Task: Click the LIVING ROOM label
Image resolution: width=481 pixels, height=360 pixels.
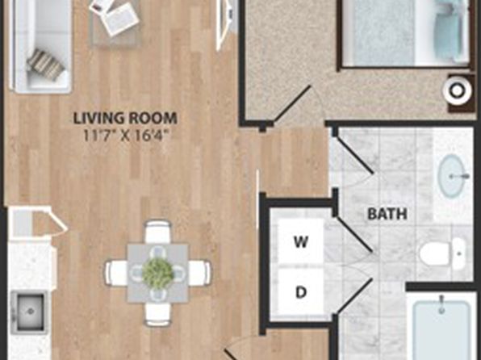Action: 125,119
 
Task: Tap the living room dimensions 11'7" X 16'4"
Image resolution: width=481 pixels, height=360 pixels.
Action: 126,135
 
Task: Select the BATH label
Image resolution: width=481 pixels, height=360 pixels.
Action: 387,214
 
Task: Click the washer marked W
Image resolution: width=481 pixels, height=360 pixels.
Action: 300,241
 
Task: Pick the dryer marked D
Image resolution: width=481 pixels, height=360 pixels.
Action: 300,291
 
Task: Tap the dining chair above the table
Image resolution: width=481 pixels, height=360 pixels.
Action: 157,232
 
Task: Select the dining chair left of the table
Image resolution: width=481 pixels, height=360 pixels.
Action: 116,273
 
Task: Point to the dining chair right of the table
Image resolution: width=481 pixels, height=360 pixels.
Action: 199,273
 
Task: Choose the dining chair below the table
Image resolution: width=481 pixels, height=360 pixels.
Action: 157,314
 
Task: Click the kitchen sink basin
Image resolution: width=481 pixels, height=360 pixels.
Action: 30,312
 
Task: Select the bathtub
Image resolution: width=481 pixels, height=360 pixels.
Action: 441,326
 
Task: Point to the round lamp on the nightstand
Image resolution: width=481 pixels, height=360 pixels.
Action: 457,90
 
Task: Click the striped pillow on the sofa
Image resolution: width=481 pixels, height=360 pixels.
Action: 46,65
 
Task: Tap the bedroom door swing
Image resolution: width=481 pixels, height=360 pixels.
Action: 293,104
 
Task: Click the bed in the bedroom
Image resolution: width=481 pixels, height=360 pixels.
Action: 405,33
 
